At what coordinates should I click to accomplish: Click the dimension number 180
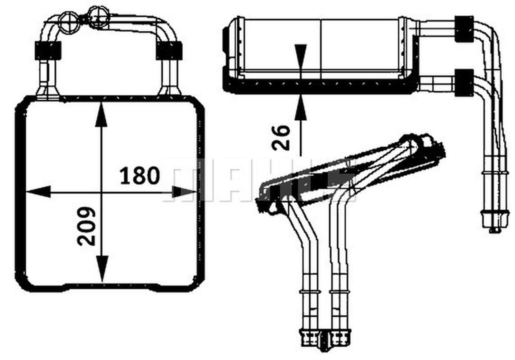click(140, 176)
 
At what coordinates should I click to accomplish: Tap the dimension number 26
click(281, 137)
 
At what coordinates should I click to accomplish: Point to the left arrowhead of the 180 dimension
click(38, 192)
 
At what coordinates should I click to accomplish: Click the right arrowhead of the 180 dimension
click(184, 192)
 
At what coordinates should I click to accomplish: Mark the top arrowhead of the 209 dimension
click(101, 115)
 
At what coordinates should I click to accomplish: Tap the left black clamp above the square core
click(48, 50)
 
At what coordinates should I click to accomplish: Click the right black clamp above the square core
click(169, 50)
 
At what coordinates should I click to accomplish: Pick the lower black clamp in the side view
click(464, 83)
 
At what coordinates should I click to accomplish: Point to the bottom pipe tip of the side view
click(494, 230)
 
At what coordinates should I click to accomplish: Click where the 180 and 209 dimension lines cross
click(102, 192)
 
